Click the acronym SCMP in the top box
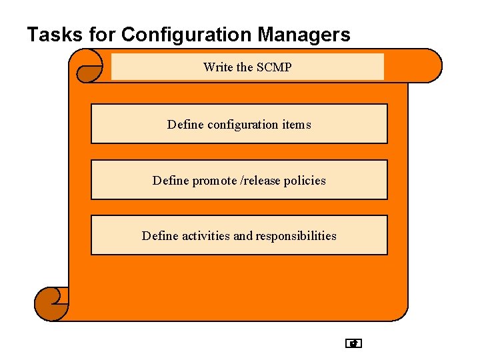(274, 67)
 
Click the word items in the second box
(296, 125)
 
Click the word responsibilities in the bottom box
(296, 236)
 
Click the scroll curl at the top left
(89, 66)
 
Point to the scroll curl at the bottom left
(51, 304)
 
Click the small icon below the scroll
(353, 344)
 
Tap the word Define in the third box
(171, 181)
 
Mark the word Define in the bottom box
(160, 236)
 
